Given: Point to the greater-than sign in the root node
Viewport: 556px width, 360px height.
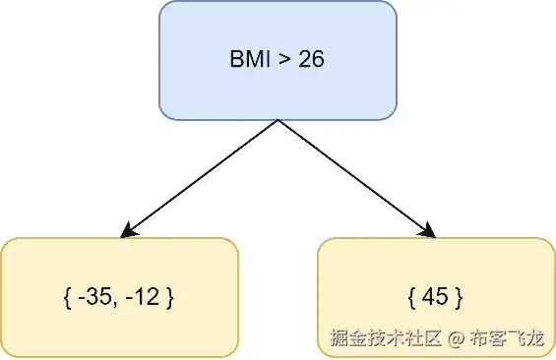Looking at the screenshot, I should coord(283,61).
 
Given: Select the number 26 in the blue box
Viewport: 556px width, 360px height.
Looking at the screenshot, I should coord(309,60).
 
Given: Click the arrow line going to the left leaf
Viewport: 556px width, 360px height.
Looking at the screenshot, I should coord(202,178).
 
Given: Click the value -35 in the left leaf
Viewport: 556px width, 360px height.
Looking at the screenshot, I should coord(93,297).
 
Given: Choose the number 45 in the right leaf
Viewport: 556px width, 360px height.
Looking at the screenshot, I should coord(434,297).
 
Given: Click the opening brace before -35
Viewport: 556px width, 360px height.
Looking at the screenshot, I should coord(66,297).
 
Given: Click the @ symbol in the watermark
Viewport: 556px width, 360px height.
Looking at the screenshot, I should coord(455,339).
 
